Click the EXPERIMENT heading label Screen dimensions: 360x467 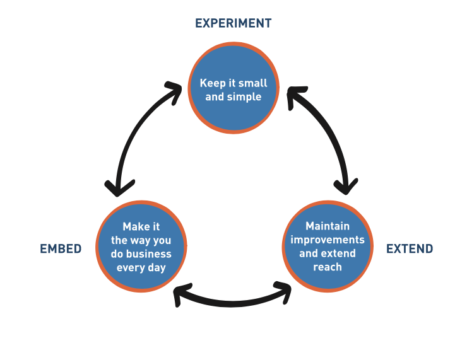coord(233,23)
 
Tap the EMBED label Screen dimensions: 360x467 coord(61,248)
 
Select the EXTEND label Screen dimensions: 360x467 coord(410,248)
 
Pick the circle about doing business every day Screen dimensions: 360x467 coord(141,246)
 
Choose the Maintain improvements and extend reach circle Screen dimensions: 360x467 coord(327,246)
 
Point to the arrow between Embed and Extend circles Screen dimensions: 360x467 coord(232,301)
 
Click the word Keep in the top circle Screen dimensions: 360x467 coord(211,83)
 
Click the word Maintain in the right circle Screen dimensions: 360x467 coord(327,226)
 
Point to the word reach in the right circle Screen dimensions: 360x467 coord(327,267)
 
